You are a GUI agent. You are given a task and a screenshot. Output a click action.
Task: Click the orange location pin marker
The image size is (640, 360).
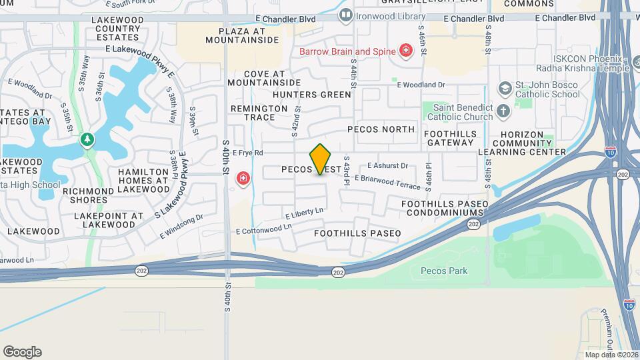click(321, 159)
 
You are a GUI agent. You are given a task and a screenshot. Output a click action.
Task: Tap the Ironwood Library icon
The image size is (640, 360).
click(345, 14)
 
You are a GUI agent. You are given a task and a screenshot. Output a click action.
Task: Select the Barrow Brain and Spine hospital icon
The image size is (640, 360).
click(405, 51)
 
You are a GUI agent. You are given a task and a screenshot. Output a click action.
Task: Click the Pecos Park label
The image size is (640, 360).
click(444, 271)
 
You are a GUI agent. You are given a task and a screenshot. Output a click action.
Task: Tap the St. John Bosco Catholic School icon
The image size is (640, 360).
click(505, 89)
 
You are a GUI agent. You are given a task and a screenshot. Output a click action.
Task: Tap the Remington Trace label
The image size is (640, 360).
click(253, 113)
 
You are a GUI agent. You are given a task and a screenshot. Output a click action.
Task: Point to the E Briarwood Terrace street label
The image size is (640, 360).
click(387, 181)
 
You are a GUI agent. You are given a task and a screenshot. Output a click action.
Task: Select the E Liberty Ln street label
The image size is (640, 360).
click(303, 213)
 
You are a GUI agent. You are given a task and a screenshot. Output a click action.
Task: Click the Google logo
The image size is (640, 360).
click(22, 351)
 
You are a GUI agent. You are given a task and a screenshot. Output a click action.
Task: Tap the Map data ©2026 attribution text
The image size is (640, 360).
click(611, 355)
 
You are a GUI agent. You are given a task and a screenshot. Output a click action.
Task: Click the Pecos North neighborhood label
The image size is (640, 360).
click(381, 129)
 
